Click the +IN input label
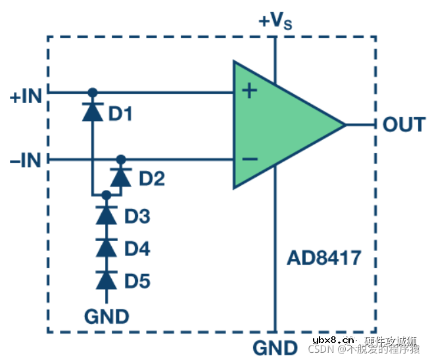point(26,97)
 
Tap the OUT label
point(404,124)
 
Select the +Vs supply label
point(275,21)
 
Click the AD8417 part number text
point(324,258)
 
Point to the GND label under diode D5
point(107,316)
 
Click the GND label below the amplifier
point(275,346)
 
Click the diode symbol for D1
point(93,111)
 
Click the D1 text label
point(121,114)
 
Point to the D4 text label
point(137,250)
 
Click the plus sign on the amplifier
point(249,91)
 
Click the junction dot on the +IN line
point(93,92)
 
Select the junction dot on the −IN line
point(120,160)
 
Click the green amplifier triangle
point(283,125)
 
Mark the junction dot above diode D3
point(106,195)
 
